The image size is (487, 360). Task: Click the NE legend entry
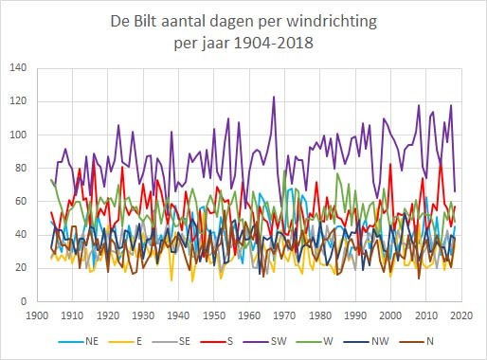click(x=79, y=341)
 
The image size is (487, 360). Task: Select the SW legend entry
click(x=265, y=341)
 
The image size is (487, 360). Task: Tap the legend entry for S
click(x=216, y=341)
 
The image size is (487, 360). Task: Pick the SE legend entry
click(x=171, y=341)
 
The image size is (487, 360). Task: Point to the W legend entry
click(x=315, y=341)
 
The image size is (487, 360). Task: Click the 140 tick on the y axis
click(x=18, y=67)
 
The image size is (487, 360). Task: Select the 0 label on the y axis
click(x=24, y=301)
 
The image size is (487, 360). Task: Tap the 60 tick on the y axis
click(x=21, y=201)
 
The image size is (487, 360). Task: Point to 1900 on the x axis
click(x=37, y=315)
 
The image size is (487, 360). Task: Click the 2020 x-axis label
click(x=461, y=315)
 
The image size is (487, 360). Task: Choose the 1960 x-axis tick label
click(x=249, y=315)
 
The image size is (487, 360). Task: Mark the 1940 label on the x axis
click(x=179, y=315)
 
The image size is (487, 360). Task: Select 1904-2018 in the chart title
click(x=274, y=43)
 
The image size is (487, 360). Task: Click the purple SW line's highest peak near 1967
click(x=274, y=97)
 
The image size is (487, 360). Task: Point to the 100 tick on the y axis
click(x=18, y=135)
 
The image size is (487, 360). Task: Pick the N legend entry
click(x=417, y=341)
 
